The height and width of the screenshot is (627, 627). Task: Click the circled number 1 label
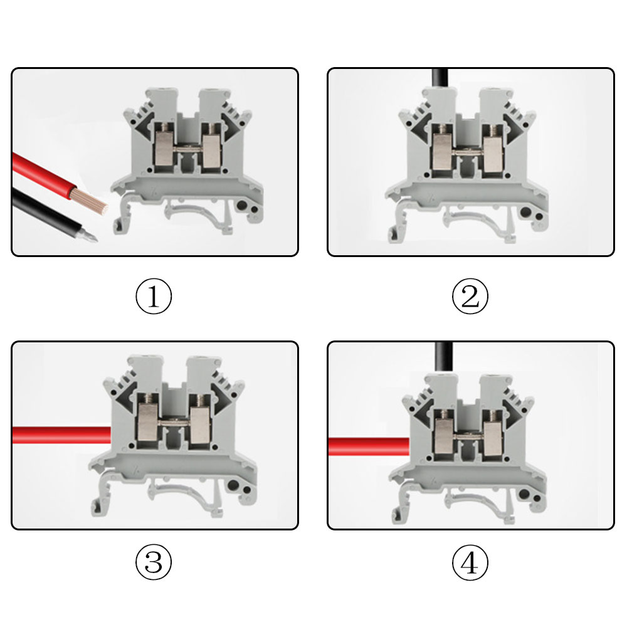154,297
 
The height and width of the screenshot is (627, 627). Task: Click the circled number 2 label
470,297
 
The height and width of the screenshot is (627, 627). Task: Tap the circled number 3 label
154,562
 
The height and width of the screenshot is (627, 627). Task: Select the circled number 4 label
470,562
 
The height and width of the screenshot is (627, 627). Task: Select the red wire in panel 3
61,435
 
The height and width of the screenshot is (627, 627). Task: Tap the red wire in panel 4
369,446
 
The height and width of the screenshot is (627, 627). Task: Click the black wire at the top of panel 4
444,357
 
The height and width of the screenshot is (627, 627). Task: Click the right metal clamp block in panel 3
199,424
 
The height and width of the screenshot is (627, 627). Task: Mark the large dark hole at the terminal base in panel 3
233,486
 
